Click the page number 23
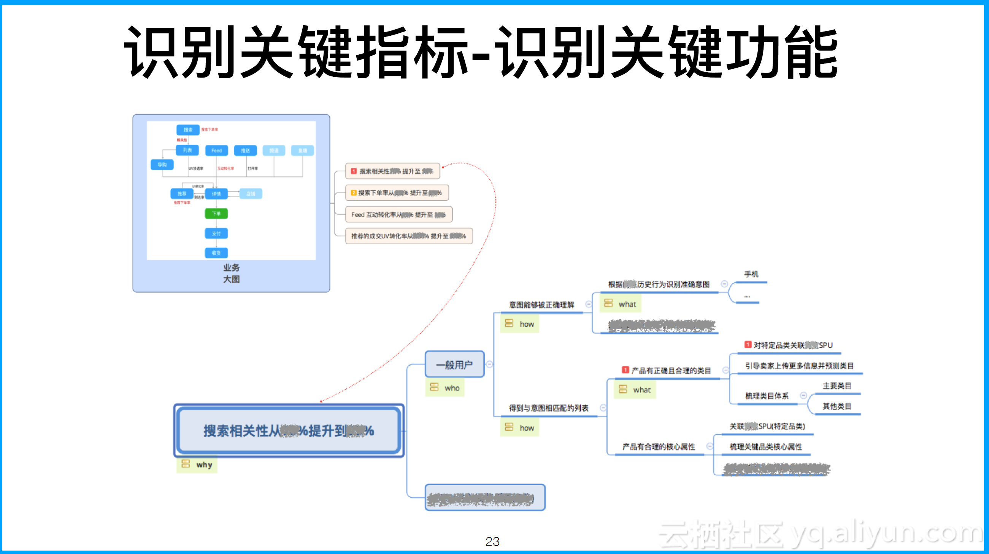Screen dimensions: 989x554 pos(492,541)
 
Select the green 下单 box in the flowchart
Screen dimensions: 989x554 pos(216,213)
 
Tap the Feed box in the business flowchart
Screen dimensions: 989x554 pos(216,150)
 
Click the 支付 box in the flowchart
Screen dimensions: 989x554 pos(216,233)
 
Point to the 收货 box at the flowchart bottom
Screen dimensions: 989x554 pos(216,253)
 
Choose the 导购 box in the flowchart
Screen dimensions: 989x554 pos(162,165)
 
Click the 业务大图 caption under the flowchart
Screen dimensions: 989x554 pos(231,273)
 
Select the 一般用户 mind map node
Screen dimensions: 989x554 pos(454,364)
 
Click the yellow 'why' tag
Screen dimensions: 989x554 pos(197,465)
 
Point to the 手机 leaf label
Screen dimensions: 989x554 pos(751,274)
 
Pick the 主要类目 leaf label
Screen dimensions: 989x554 pos(837,386)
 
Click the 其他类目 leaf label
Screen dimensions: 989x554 pos(837,406)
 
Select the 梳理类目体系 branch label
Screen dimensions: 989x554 pos(767,396)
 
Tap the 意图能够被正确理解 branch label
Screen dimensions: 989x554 pos(541,305)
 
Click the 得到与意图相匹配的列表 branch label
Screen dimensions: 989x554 pos(548,408)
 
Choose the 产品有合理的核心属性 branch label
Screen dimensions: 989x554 pos(659,446)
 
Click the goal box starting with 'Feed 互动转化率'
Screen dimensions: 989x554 pos(398,214)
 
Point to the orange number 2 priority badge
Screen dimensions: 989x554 pos(354,193)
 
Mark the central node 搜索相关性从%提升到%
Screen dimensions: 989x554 pos(289,431)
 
